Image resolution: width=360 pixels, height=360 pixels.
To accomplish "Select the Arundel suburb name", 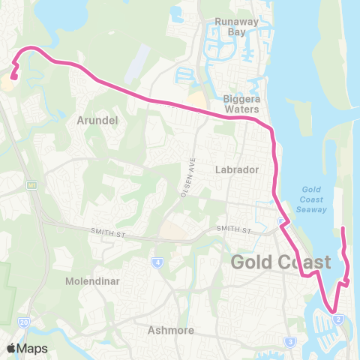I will pos(94,119).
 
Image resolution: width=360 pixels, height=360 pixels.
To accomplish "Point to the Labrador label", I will pos(237,169).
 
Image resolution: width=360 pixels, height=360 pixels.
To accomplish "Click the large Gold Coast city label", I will pos(280,262).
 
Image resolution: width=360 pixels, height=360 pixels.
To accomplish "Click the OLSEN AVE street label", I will pos(187,178).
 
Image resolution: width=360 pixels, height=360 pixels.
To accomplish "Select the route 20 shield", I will pos(24,321).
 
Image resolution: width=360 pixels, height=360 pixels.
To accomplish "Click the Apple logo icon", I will pos(12,348).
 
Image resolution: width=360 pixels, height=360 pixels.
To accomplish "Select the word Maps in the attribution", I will pos(34,348).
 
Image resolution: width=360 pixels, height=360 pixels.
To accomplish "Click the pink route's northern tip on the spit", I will pos(343,228).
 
